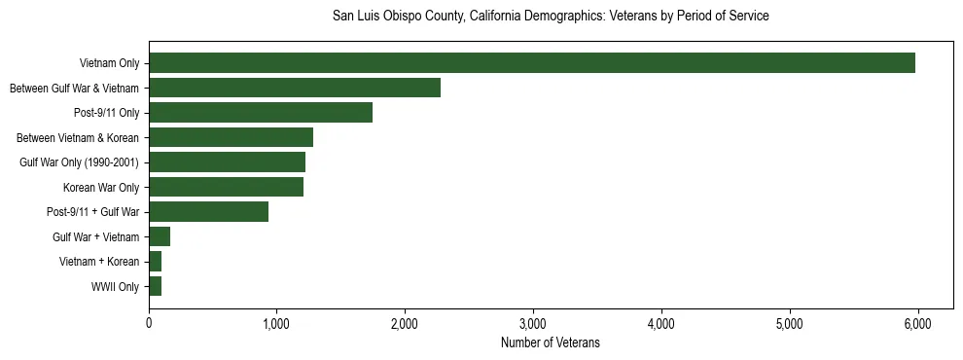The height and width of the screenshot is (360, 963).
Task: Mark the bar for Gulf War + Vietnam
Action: coord(160,236)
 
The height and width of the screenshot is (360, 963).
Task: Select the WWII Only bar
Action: coord(156,286)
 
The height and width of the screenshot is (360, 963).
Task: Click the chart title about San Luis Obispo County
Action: coord(551,17)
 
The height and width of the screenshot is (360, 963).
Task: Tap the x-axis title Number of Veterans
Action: coord(551,342)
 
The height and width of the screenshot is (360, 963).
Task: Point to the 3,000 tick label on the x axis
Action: coord(533,323)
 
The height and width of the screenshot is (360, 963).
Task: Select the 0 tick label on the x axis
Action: coord(149,323)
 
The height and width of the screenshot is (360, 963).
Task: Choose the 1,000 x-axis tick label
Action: coord(277,323)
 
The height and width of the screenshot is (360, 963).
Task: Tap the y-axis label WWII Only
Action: coord(115,286)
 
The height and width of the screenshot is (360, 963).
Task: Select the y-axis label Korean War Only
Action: coord(101,187)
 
